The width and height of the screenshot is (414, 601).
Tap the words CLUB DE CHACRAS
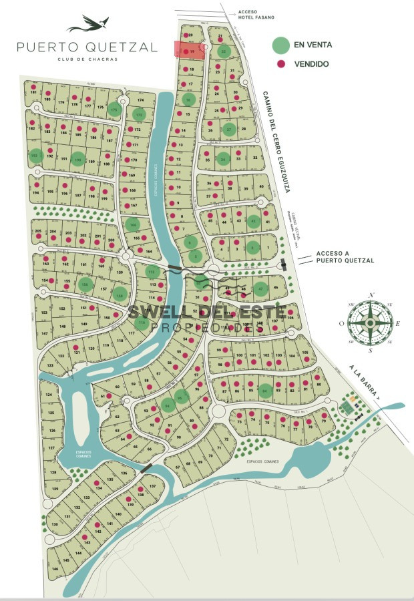click(x=87, y=59)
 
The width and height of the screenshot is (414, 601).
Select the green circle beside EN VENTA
click(x=281, y=45)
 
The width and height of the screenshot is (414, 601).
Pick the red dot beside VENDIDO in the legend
click(x=281, y=63)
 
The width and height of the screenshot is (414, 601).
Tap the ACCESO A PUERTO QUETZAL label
click(x=345, y=256)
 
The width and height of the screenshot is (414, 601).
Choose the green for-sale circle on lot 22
click(x=225, y=51)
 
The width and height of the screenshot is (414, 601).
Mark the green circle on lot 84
click(x=266, y=391)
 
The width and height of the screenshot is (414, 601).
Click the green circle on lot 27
click(x=230, y=130)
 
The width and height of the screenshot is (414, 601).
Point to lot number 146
click(x=55, y=569)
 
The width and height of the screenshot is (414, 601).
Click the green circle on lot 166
click(x=132, y=224)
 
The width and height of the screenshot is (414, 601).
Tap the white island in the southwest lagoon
click(x=79, y=413)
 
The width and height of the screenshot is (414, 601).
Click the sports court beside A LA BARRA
click(x=349, y=405)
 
